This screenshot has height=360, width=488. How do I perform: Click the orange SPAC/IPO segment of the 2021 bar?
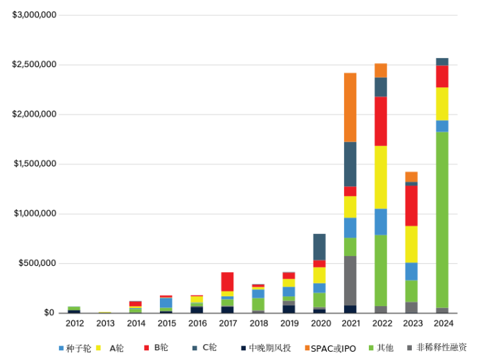pos(350,107)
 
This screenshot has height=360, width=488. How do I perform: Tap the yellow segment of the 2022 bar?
pos(381,177)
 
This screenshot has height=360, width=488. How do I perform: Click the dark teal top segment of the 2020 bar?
pos(319,246)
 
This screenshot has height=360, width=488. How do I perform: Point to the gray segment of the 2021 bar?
pos(350,280)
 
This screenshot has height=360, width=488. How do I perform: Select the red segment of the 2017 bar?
pos(228,281)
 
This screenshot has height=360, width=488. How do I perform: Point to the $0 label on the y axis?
pos(48,313)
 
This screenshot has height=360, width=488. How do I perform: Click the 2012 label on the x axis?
pos(75,323)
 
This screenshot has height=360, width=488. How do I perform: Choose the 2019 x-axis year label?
pos(289,323)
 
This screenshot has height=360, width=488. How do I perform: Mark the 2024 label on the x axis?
pos(442,323)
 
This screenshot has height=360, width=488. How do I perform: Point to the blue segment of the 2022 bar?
pos(381,222)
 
